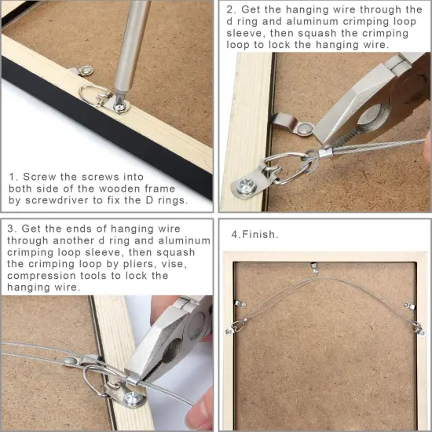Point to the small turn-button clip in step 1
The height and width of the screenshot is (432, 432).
tap(75, 72)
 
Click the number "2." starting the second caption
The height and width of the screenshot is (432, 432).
tap(231, 10)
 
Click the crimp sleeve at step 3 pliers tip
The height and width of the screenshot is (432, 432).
tap(135, 380)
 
